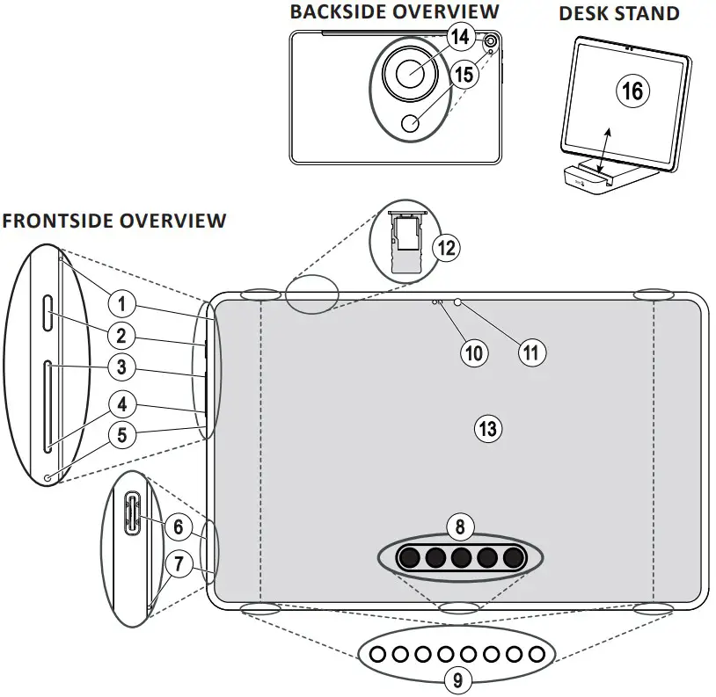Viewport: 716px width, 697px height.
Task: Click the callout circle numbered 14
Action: pyautogui.click(x=460, y=37)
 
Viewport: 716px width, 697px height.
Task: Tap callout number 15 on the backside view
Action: pyautogui.click(x=464, y=75)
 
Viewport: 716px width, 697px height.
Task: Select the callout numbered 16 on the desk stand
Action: pyautogui.click(x=632, y=91)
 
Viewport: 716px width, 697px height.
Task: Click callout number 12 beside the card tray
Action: pyautogui.click(x=446, y=248)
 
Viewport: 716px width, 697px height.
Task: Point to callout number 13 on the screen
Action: pyautogui.click(x=488, y=429)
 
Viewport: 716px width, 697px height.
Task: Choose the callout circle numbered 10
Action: pyautogui.click(x=474, y=353)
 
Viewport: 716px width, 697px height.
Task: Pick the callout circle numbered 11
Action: pyautogui.click(x=532, y=352)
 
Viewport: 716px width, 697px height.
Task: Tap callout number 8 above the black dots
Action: pyautogui.click(x=460, y=527)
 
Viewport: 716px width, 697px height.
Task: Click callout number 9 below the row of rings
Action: pyautogui.click(x=458, y=680)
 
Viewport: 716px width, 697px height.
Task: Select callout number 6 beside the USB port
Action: pyautogui.click(x=178, y=527)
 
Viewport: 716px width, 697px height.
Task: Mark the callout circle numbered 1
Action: pyautogui.click(x=121, y=304)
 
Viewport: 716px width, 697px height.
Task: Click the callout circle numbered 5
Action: pyautogui.click(x=122, y=435)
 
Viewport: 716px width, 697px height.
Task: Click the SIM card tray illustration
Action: pyautogui.click(x=407, y=243)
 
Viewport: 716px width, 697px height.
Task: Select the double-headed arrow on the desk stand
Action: pyautogui.click(x=603, y=150)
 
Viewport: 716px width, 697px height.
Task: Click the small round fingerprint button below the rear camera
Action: pyautogui.click(x=411, y=123)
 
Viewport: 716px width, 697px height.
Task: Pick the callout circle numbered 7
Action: pyautogui.click(x=178, y=563)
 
